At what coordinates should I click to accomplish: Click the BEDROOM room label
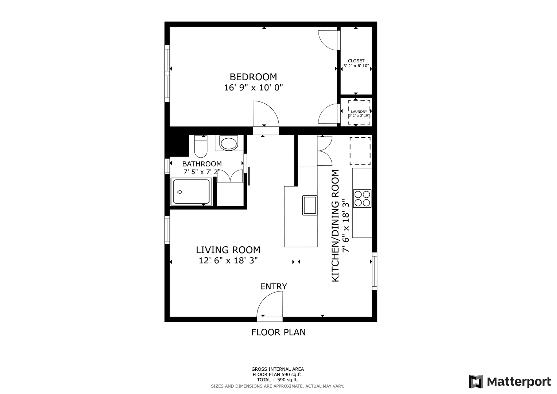pyautogui.click(x=253, y=77)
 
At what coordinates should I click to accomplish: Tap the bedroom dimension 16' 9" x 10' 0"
pyautogui.click(x=254, y=88)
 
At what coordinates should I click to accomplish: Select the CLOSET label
pyautogui.click(x=356, y=61)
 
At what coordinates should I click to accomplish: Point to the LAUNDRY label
pyautogui.click(x=359, y=112)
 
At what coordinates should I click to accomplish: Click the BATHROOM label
pyautogui.click(x=202, y=164)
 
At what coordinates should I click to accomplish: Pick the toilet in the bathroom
pyautogui.click(x=201, y=147)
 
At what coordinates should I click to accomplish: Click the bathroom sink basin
pyautogui.click(x=228, y=144)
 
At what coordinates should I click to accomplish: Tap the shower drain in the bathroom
pyautogui.click(x=180, y=192)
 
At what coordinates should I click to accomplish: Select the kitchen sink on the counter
pyautogui.click(x=310, y=205)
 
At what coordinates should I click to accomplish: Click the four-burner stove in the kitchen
pyautogui.click(x=362, y=198)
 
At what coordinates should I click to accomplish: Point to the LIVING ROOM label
pyautogui.click(x=228, y=250)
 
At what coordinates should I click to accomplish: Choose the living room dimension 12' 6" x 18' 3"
pyautogui.click(x=228, y=260)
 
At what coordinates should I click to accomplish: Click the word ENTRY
pyautogui.click(x=274, y=286)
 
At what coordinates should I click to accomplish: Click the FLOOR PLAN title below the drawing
pyautogui.click(x=278, y=332)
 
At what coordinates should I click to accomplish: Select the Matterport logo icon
pyautogui.click(x=476, y=382)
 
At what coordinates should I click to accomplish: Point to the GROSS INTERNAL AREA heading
pyautogui.click(x=278, y=369)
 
